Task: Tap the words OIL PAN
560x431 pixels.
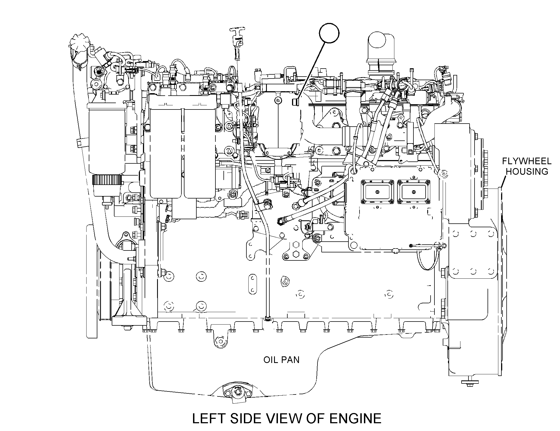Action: point(281,360)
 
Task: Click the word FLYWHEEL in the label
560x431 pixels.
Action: point(527,161)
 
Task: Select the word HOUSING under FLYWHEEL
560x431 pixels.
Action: point(527,171)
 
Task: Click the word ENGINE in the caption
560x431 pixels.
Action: point(355,418)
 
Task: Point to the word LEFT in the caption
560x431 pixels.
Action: point(209,418)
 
